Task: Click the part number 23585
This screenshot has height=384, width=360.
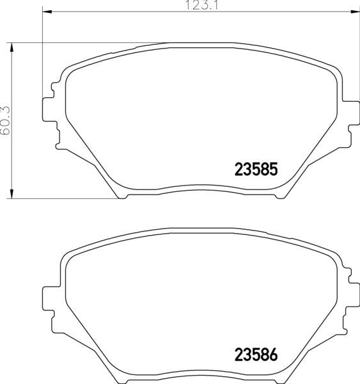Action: pos(256,169)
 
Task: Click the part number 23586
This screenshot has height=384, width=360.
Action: pos(256,355)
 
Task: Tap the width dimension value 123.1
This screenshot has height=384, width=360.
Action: pos(202,5)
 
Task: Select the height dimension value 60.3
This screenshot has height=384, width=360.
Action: pos(5,120)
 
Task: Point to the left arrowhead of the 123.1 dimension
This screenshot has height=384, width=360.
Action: pos(47,12)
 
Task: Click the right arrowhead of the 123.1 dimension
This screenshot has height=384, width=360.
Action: pos(355,12)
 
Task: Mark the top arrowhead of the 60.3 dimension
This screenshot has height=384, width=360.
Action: pos(12,47)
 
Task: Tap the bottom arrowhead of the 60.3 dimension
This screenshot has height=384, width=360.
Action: pos(12,194)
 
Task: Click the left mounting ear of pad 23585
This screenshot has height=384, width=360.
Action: pos(49,109)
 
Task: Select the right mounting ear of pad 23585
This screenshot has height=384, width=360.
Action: pos(351,113)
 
